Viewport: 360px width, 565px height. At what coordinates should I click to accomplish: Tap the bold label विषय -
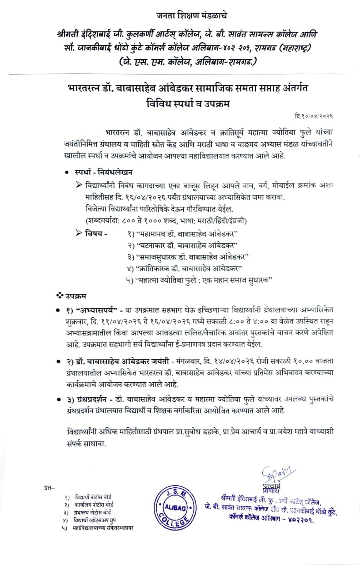(x=96, y=233)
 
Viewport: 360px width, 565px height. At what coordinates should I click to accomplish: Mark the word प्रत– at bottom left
(x=49, y=487)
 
